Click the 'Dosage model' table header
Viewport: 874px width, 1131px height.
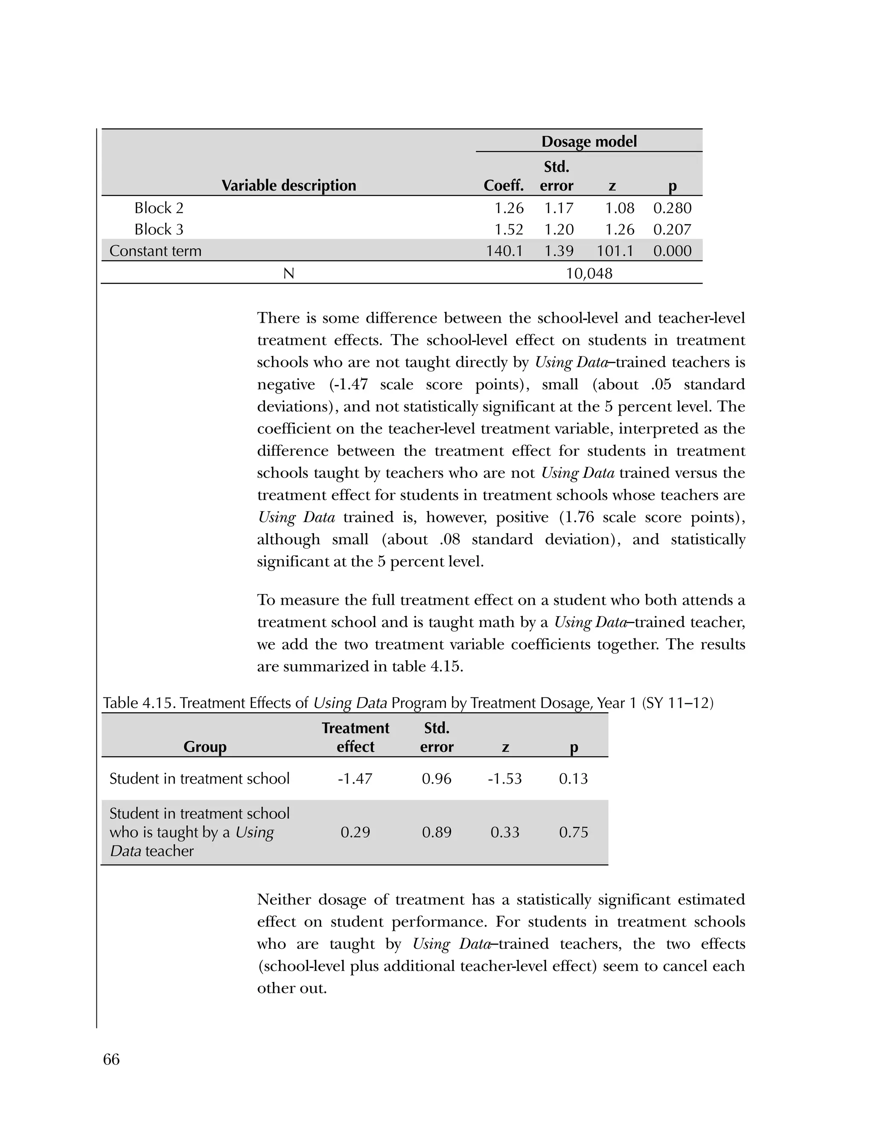coord(588,141)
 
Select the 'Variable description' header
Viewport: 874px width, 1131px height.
coord(288,185)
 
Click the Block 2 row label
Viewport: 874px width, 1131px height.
coord(158,208)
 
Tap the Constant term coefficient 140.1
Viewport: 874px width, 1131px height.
coord(504,251)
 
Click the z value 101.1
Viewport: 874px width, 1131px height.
coord(615,251)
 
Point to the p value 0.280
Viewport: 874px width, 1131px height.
coord(672,208)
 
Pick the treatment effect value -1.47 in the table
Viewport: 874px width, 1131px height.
coord(355,778)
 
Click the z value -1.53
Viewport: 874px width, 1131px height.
coord(504,778)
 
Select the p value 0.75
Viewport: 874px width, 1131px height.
coord(573,832)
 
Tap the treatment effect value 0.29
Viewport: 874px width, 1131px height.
coord(355,832)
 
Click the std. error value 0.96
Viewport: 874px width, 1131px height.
coord(437,778)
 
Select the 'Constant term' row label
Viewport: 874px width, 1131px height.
coord(155,251)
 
